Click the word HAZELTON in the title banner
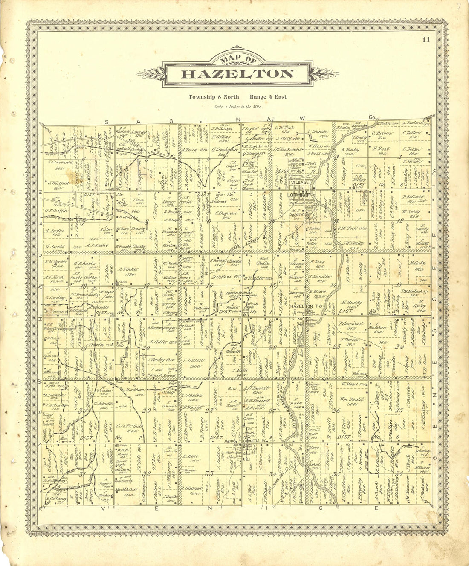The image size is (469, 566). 237,74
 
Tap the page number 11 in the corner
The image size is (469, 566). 426,40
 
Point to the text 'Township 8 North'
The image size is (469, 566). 214,97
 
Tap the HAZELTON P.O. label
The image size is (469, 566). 302,306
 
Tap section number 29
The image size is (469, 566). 146,411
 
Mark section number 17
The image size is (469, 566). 147,286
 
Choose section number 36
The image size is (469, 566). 399,473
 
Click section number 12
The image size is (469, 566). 399,221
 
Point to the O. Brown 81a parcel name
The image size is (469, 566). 379,135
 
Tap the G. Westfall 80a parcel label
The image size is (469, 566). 56,186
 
